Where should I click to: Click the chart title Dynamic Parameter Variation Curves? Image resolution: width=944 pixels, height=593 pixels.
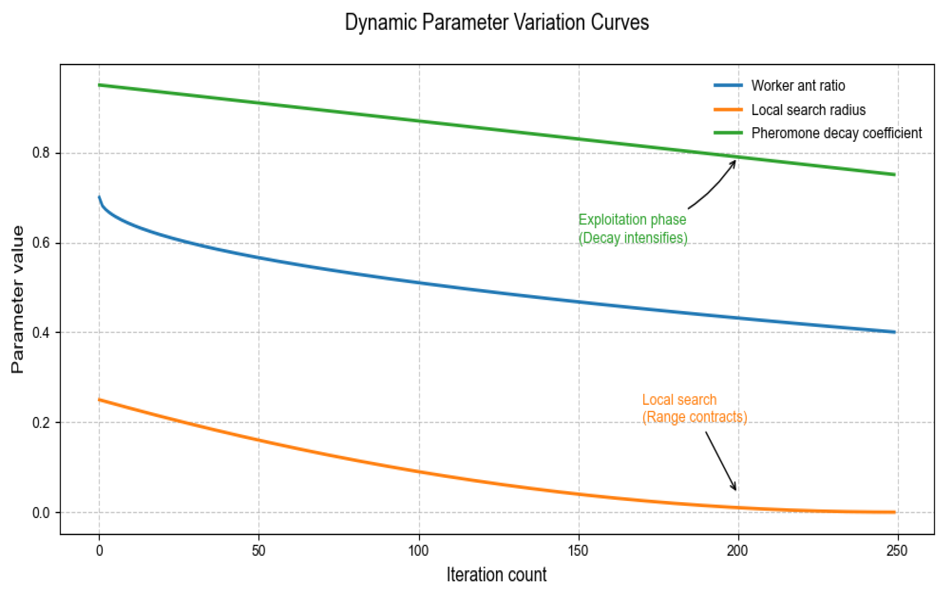click(x=496, y=22)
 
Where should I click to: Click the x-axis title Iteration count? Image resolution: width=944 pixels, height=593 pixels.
click(x=496, y=574)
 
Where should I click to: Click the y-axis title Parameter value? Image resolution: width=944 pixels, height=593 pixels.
click(x=18, y=300)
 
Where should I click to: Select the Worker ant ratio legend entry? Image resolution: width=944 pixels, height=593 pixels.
click(x=798, y=86)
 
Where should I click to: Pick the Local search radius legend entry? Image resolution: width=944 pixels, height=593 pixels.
click(x=808, y=110)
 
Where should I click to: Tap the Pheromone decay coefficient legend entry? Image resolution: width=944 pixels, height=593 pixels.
click(x=836, y=133)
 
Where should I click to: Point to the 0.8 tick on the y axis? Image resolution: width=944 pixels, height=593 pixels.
click(x=41, y=153)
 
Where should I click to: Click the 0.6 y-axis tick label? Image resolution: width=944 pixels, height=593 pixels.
click(x=41, y=243)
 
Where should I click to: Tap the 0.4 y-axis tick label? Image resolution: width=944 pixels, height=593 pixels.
click(x=41, y=333)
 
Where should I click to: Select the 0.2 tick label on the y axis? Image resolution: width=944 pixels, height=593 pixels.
click(x=41, y=423)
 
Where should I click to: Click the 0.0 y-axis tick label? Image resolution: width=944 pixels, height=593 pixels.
click(x=41, y=513)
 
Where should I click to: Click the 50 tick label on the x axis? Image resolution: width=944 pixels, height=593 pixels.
click(x=258, y=551)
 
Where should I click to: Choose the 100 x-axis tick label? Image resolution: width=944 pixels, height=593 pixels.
click(x=418, y=551)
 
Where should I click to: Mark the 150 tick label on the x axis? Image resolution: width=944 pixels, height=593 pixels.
click(x=578, y=551)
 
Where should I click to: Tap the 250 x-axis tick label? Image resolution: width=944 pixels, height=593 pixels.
click(x=897, y=551)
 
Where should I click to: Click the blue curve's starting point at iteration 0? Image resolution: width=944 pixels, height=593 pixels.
click(x=99, y=197)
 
